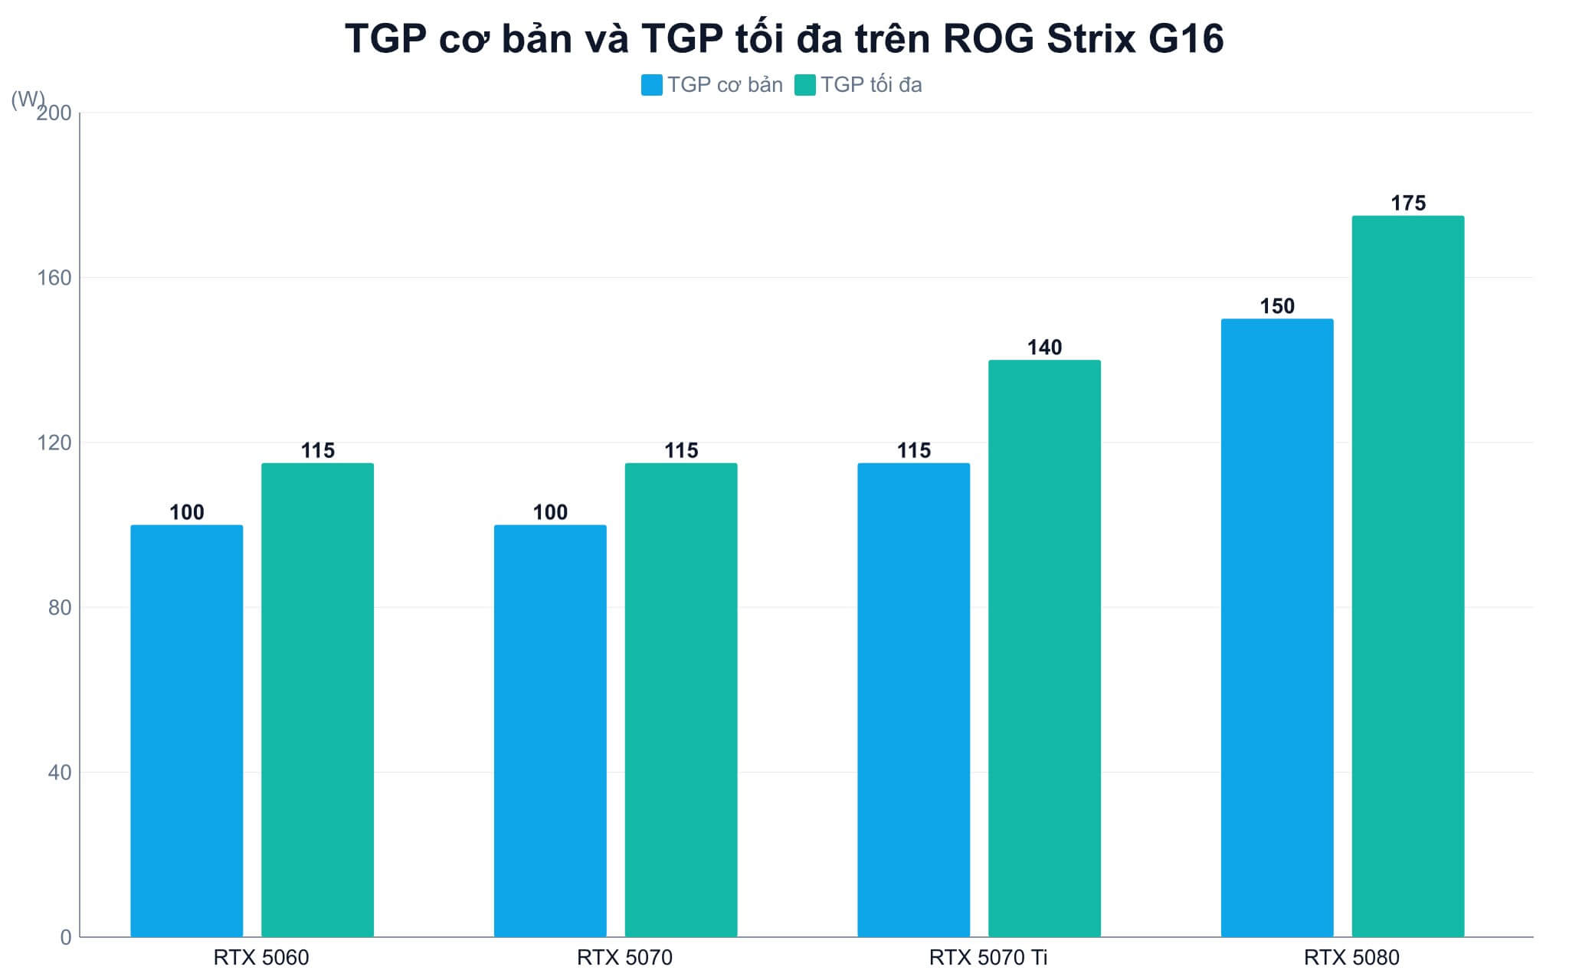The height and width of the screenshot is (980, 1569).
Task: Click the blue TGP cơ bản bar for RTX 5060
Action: pos(187,730)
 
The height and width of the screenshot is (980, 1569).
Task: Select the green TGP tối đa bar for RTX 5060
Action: pos(317,700)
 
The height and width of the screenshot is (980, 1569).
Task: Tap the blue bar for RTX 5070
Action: pos(550,730)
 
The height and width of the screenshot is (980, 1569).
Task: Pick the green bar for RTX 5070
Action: pos(681,700)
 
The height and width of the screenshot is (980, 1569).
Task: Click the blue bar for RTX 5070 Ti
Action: pos(914,700)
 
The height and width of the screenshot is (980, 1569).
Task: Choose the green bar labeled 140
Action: pos(1044,648)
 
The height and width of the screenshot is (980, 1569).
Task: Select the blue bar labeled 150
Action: pos(1277,628)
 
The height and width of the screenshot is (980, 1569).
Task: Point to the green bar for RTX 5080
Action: pos(1408,577)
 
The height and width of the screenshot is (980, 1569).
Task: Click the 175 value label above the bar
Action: pos(1408,203)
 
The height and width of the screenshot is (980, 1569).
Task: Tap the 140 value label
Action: pos(1044,348)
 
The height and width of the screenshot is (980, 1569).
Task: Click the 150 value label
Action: pos(1277,306)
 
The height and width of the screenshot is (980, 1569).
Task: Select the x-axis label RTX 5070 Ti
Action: pos(988,957)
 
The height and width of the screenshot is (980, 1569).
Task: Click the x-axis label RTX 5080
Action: pos(1351,957)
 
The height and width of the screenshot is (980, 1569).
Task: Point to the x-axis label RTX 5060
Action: pos(261,957)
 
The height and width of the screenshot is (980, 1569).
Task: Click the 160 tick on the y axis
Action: pos(54,277)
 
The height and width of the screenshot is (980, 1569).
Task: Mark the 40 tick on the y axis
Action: pos(60,772)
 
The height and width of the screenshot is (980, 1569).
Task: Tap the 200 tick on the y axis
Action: pos(54,113)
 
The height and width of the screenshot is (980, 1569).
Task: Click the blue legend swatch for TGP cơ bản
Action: pos(652,84)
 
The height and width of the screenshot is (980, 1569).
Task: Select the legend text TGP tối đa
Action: pos(871,84)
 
